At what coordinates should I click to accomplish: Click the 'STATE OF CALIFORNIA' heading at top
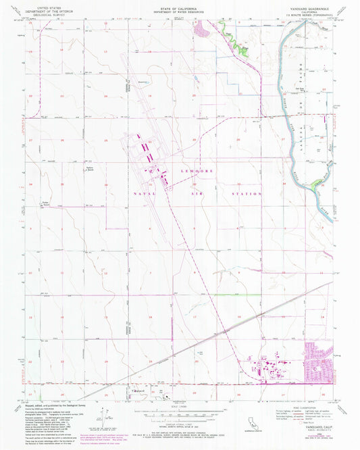pyautogui.click(x=180, y=5)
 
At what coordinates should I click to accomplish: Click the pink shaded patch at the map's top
pyautogui.click(x=201, y=28)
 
